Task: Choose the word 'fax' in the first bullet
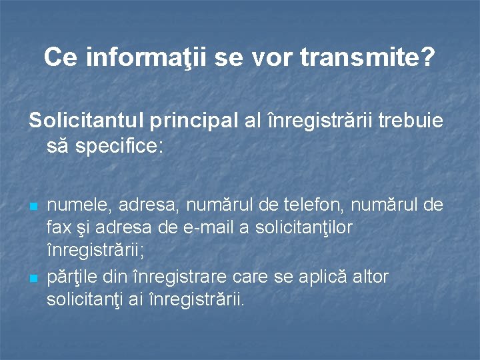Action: [x=59, y=227]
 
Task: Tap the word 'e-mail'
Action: [x=203, y=227]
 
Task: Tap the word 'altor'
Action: [x=370, y=276]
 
